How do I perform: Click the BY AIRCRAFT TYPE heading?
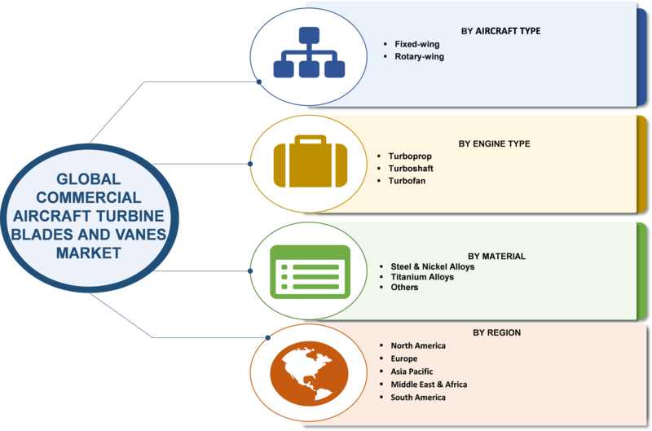coord(500,31)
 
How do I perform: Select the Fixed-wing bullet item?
coord(417,44)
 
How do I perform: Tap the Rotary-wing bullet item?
coord(419,56)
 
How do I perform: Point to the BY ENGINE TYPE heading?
coord(495,144)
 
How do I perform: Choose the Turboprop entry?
coord(410,156)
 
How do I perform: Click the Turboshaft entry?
coord(411,169)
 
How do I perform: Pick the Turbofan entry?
coord(407,181)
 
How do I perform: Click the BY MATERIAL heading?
coord(496,257)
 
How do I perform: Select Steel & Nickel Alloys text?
coord(433,267)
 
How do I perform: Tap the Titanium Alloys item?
coord(422,277)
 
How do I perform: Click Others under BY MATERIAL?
coord(404,288)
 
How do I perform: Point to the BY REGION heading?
coord(496,333)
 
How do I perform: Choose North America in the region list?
coord(418,345)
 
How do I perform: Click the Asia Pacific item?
coord(412,372)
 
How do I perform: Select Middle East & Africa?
coord(429,385)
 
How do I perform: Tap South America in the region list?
coord(418,398)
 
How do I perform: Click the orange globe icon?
coord(310,374)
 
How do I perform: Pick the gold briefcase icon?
coord(311,161)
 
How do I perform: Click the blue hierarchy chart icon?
coord(309,52)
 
